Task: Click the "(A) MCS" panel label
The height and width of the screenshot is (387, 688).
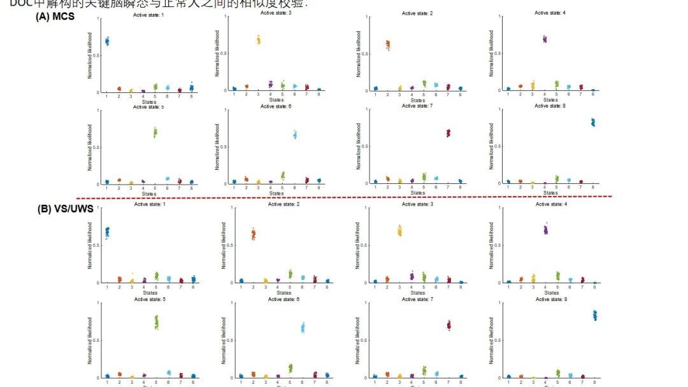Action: click(x=55, y=17)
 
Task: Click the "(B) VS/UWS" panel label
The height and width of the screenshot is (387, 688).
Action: click(x=63, y=207)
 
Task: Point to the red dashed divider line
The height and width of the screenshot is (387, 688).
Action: click(x=344, y=197)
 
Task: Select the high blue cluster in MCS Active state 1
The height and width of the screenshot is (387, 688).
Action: click(x=107, y=41)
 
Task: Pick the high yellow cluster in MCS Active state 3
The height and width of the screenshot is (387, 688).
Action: click(x=259, y=40)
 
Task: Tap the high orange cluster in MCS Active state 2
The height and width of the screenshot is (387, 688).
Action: click(x=387, y=45)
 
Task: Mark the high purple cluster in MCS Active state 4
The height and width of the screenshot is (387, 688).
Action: click(x=545, y=39)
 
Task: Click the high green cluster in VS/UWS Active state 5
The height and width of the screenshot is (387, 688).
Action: click(x=156, y=322)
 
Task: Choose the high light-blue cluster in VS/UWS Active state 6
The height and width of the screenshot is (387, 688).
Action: click(x=303, y=328)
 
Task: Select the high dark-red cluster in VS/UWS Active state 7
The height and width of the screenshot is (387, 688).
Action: click(x=448, y=325)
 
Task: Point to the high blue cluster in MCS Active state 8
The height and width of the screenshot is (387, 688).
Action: click(x=592, y=122)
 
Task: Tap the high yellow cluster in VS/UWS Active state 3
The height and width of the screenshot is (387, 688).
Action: click(x=399, y=230)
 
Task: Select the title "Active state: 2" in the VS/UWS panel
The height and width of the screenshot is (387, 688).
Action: click(x=283, y=204)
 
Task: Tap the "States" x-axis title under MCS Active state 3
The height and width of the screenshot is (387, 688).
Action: click(x=276, y=100)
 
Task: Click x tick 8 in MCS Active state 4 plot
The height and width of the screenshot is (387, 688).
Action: click(x=593, y=95)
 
